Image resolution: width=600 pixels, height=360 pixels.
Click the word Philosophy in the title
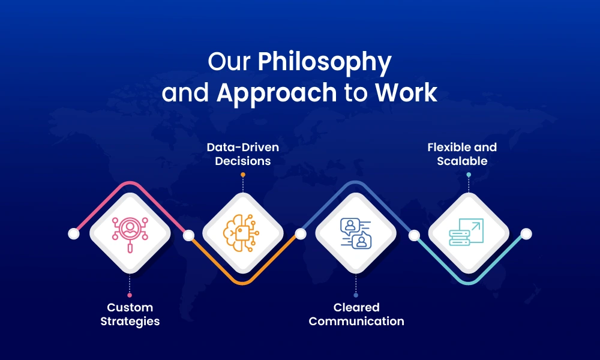pyautogui.click(x=325, y=63)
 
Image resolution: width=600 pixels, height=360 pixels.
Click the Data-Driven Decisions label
pyautogui.click(x=243, y=154)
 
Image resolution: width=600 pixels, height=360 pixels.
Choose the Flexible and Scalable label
pyautogui.click(x=462, y=154)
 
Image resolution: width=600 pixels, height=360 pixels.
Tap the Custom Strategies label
pyautogui.click(x=130, y=314)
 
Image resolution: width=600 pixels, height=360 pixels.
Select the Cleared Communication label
pyautogui.click(x=356, y=314)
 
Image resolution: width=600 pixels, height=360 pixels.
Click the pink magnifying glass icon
pyautogui.click(x=130, y=233)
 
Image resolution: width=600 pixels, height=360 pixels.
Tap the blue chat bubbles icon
pyautogui.click(x=356, y=233)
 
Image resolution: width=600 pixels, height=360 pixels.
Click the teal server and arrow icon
pyautogui.click(x=468, y=233)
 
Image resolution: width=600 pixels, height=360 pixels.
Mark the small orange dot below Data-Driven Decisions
pyautogui.click(x=243, y=175)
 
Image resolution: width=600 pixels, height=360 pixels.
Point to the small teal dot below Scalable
pyautogui.click(x=469, y=175)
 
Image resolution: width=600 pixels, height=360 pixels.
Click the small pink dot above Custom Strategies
pyautogui.click(x=130, y=295)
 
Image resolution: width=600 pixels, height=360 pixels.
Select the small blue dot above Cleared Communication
pyautogui.click(x=356, y=295)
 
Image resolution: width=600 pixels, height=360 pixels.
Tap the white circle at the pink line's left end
pyautogui.click(x=74, y=233)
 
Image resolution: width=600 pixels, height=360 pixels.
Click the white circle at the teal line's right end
pyautogui.click(x=526, y=233)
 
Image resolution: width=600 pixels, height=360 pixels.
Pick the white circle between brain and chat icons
pyautogui.click(x=300, y=233)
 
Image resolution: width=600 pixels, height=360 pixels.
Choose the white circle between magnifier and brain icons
pyautogui.click(x=188, y=235)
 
